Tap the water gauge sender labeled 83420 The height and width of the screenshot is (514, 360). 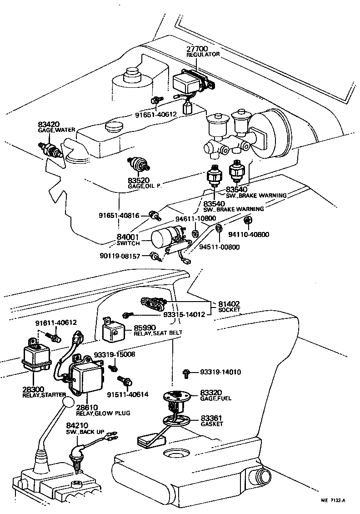click(x=50, y=149)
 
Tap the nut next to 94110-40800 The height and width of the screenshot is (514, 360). click(x=248, y=221)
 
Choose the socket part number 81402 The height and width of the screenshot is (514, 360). click(x=229, y=304)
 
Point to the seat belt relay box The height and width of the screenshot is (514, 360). click(x=114, y=331)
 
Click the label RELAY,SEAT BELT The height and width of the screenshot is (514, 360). click(x=158, y=333)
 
